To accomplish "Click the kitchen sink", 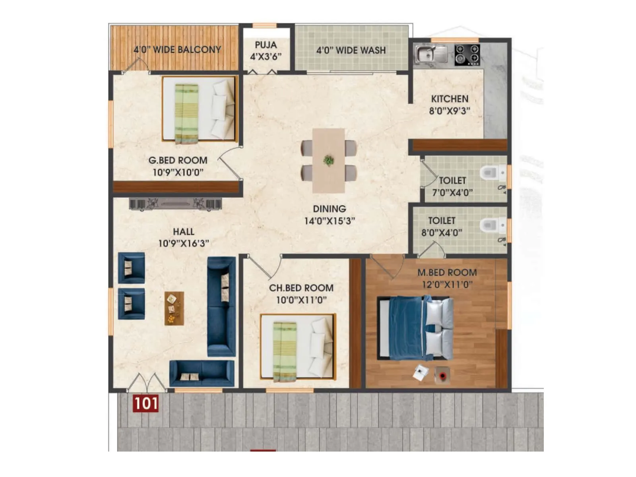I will (x=431, y=54).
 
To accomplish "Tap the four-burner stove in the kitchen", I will (x=467, y=55).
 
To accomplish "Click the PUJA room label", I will (x=266, y=45).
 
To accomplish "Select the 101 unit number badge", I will (x=145, y=403).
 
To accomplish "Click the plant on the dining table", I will (x=328, y=161).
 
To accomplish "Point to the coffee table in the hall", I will (x=174, y=308).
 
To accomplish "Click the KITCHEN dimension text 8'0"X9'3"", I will (x=450, y=111).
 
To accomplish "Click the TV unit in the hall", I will (x=175, y=204).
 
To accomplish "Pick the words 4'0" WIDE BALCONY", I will (x=177, y=50).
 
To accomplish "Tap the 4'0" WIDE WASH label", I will (x=351, y=50).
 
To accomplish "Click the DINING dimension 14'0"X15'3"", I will (x=329, y=221).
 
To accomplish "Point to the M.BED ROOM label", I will (x=447, y=273).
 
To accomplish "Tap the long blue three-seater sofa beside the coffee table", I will (x=221, y=306).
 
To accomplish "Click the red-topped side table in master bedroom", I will (x=442, y=375).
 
